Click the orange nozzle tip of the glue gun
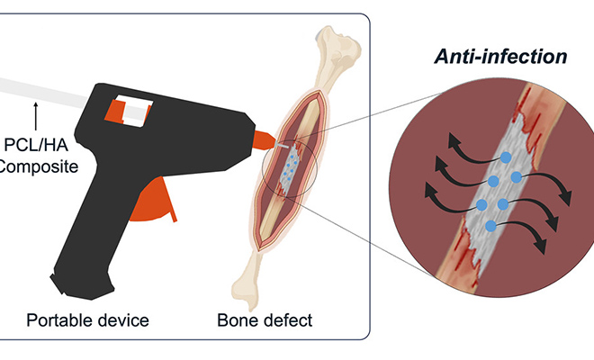265,139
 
